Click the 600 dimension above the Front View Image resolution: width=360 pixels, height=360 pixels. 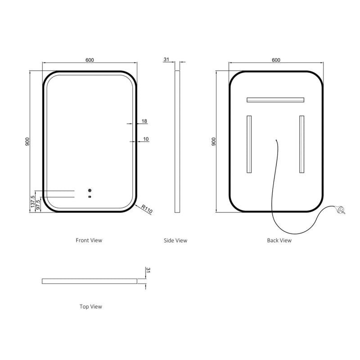(x=90, y=60)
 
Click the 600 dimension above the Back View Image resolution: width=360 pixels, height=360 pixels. (x=276, y=60)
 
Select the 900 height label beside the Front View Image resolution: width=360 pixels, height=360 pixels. (x=27, y=142)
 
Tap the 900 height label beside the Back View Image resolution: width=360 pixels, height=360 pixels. (x=213, y=142)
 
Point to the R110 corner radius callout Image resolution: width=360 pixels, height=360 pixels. (x=147, y=209)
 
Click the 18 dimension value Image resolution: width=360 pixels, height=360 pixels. (x=144, y=121)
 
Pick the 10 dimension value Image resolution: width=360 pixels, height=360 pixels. (x=146, y=139)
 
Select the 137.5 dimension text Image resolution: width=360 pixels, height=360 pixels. (x=33, y=202)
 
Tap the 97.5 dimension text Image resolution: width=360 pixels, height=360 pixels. (x=38, y=204)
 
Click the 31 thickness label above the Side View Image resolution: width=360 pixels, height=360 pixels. (x=166, y=59)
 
